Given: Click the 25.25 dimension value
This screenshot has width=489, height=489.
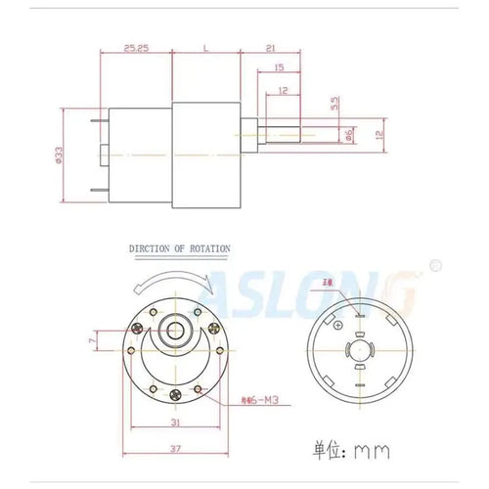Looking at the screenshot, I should [x=136, y=47].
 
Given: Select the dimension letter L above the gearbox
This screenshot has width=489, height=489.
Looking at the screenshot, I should [x=205, y=47].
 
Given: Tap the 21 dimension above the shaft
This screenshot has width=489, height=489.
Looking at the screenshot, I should [x=268, y=47].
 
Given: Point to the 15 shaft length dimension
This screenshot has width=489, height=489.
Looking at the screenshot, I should [x=280, y=67].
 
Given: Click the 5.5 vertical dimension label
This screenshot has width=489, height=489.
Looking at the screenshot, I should [x=333, y=101].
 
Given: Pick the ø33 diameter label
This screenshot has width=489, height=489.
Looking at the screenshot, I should [x=61, y=156].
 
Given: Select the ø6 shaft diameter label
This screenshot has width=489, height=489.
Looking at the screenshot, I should [x=349, y=135].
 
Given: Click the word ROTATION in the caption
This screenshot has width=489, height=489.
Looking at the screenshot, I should [x=207, y=249].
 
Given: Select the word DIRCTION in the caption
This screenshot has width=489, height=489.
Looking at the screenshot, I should [x=154, y=249].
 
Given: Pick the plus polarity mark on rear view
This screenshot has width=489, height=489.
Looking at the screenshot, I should [x=337, y=325].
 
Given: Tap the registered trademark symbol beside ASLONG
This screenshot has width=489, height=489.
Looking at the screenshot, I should [x=435, y=264].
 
